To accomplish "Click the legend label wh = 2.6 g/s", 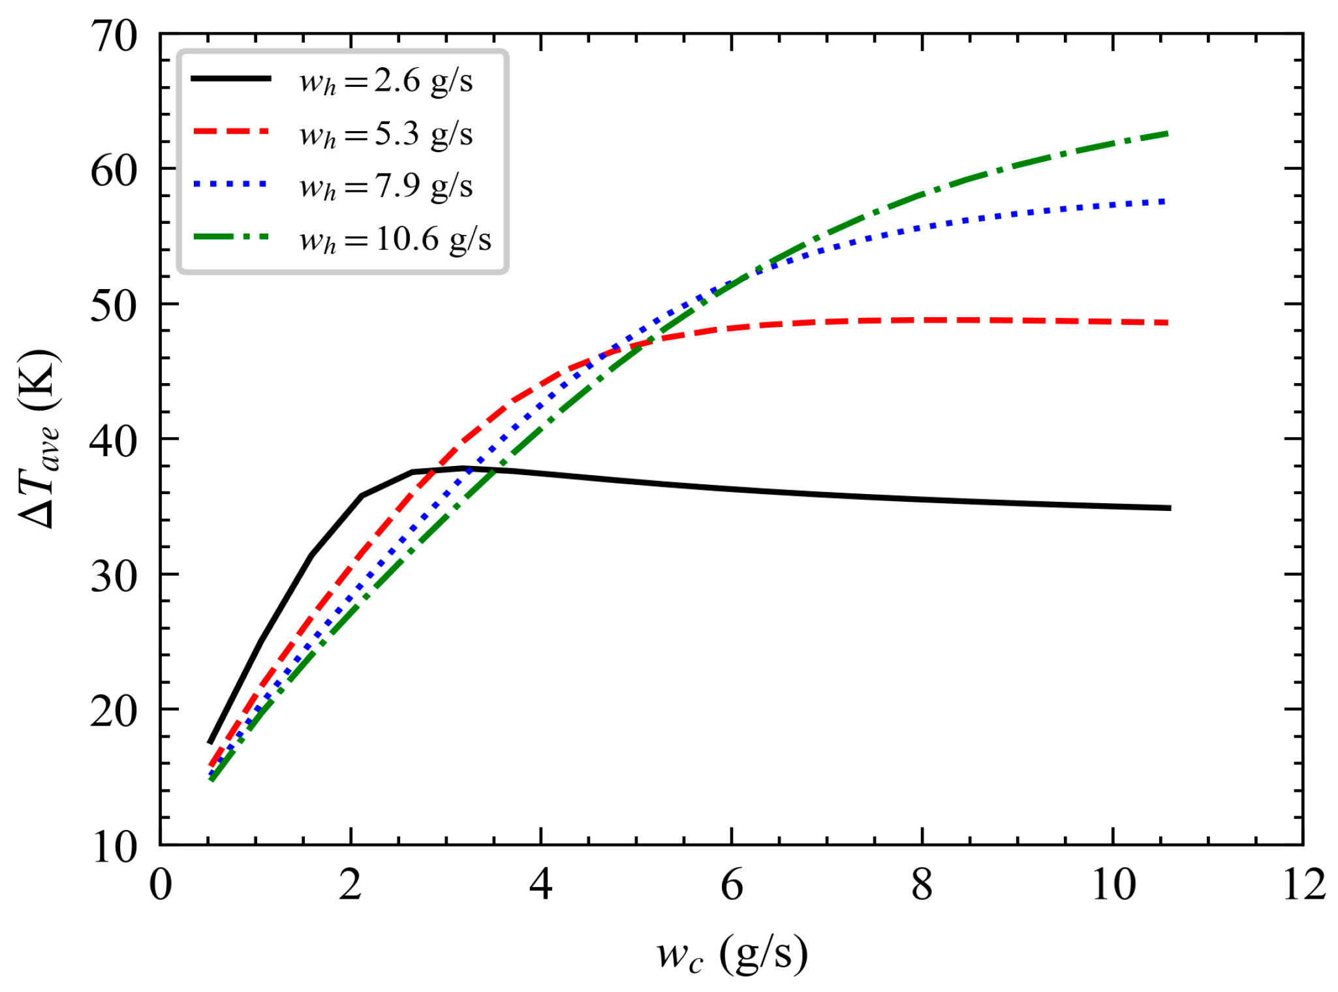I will point(386,82).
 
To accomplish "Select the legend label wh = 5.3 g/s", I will point(386,135).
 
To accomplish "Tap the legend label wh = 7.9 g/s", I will point(386,187).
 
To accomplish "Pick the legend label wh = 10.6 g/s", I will point(395,240).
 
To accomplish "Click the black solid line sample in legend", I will point(231,78).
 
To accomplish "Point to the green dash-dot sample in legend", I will point(231,236).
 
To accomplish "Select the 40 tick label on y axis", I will point(114,441).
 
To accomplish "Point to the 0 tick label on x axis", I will point(161,886).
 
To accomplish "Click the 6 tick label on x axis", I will point(732,886).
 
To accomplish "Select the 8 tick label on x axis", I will point(922,886).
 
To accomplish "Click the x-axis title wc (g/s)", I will point(732,954).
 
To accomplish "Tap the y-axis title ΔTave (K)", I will point(39,439).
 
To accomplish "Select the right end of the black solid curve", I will point(1170,508).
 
